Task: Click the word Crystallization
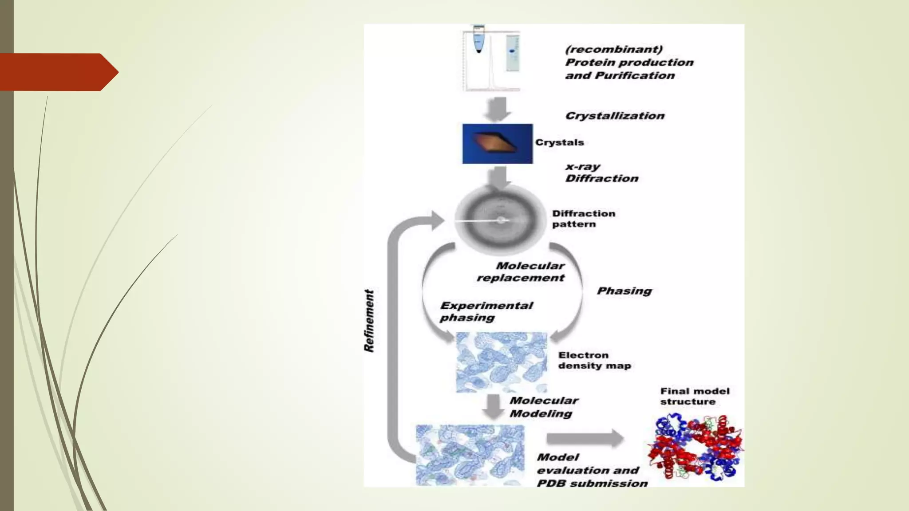tap(615, 116)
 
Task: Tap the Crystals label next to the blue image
tap(559, 142)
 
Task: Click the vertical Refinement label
tap(369, 321)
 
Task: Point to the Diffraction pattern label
tap(583, 219)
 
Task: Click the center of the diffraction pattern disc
tap(501, 220)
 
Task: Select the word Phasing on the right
tap(624, 291)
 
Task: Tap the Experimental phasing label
tap(486, 311)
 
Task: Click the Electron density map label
tap(594, 360)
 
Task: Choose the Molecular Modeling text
tap(543, 407)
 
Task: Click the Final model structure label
tap(694, 396)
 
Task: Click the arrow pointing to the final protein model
tap(585, 438)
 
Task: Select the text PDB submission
tap(592, 483)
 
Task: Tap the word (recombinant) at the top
tap(614, 49)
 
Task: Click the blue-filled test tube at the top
tap(478, 40)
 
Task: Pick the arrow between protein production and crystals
tap(497, 108)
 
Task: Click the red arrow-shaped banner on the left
tap(58, 72)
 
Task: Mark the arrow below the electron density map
tap(493, 406)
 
